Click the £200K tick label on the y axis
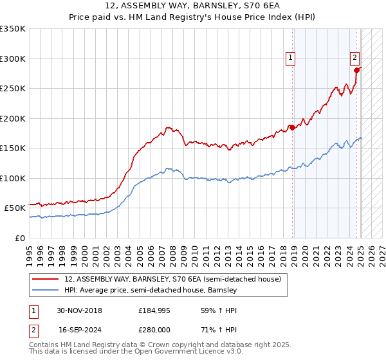pyautogui.click(x=13, y=118)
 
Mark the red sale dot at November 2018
pyautogui.click(x=293, y=127)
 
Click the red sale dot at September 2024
pyautogui.click(x=356, y=70)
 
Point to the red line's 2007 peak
pyautogui.click(x=167, y=127)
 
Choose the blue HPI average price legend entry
pyautogui.click(x=151, y=291)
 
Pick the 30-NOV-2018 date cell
pyautogui.click(x=80, y=310)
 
